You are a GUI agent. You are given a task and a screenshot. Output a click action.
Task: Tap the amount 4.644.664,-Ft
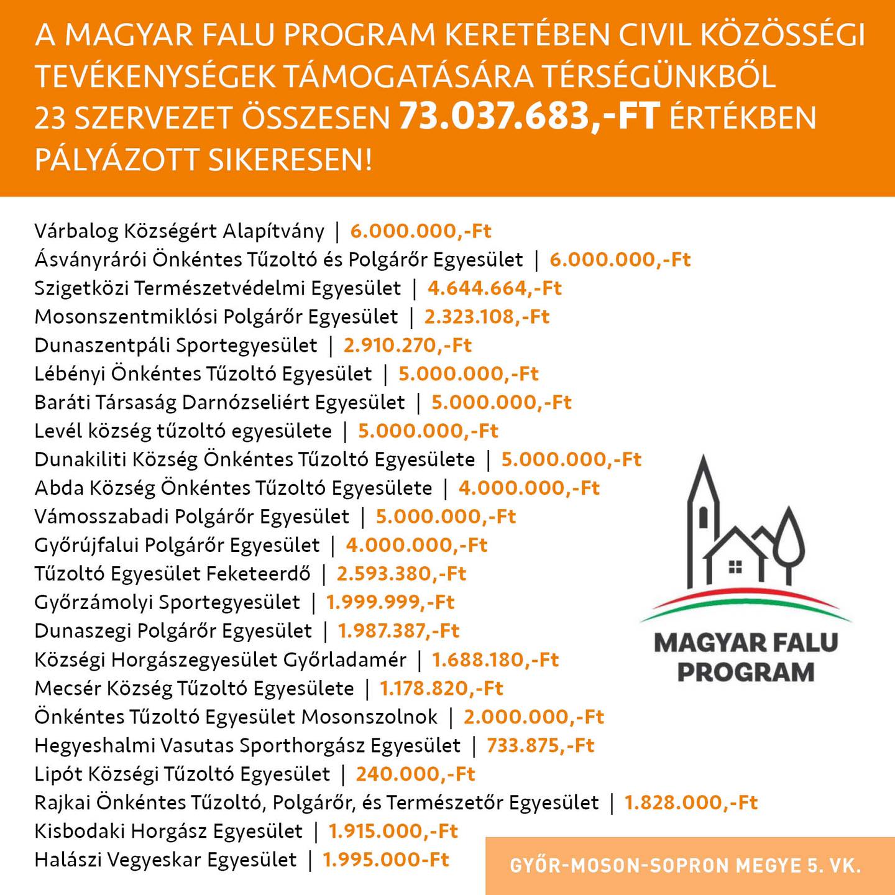[x=494, y=288]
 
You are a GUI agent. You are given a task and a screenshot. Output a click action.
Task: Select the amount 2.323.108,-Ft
[x=487, y=317]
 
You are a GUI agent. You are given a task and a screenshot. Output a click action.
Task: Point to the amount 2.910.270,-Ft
[x=408, y=346]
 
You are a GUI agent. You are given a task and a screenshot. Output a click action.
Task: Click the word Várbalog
[x=76, y=231]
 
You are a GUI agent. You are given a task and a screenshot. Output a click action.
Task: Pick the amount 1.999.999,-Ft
[x=390, y=602]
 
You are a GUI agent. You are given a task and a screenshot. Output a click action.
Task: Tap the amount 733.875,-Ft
[x=540, y=745]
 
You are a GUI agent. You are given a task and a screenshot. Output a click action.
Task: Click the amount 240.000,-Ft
[x=415, y=774]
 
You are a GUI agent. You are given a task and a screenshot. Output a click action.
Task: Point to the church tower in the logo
[x=703, y=510]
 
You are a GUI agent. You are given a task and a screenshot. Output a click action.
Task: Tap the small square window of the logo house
[x=735, y=567]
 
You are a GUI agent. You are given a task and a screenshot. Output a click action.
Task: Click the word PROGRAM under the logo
[x=746, y=672]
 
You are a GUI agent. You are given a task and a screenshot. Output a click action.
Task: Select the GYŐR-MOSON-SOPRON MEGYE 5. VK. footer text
[x=686, y=866]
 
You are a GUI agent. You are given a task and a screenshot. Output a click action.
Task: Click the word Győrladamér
[x=345, y=659]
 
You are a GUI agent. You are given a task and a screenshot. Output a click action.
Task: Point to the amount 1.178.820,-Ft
[x=441, y=688]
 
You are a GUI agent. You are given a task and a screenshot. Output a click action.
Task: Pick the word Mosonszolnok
[x=370, y=717]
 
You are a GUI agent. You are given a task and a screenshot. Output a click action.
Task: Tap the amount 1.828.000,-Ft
[x=691, y=802]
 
